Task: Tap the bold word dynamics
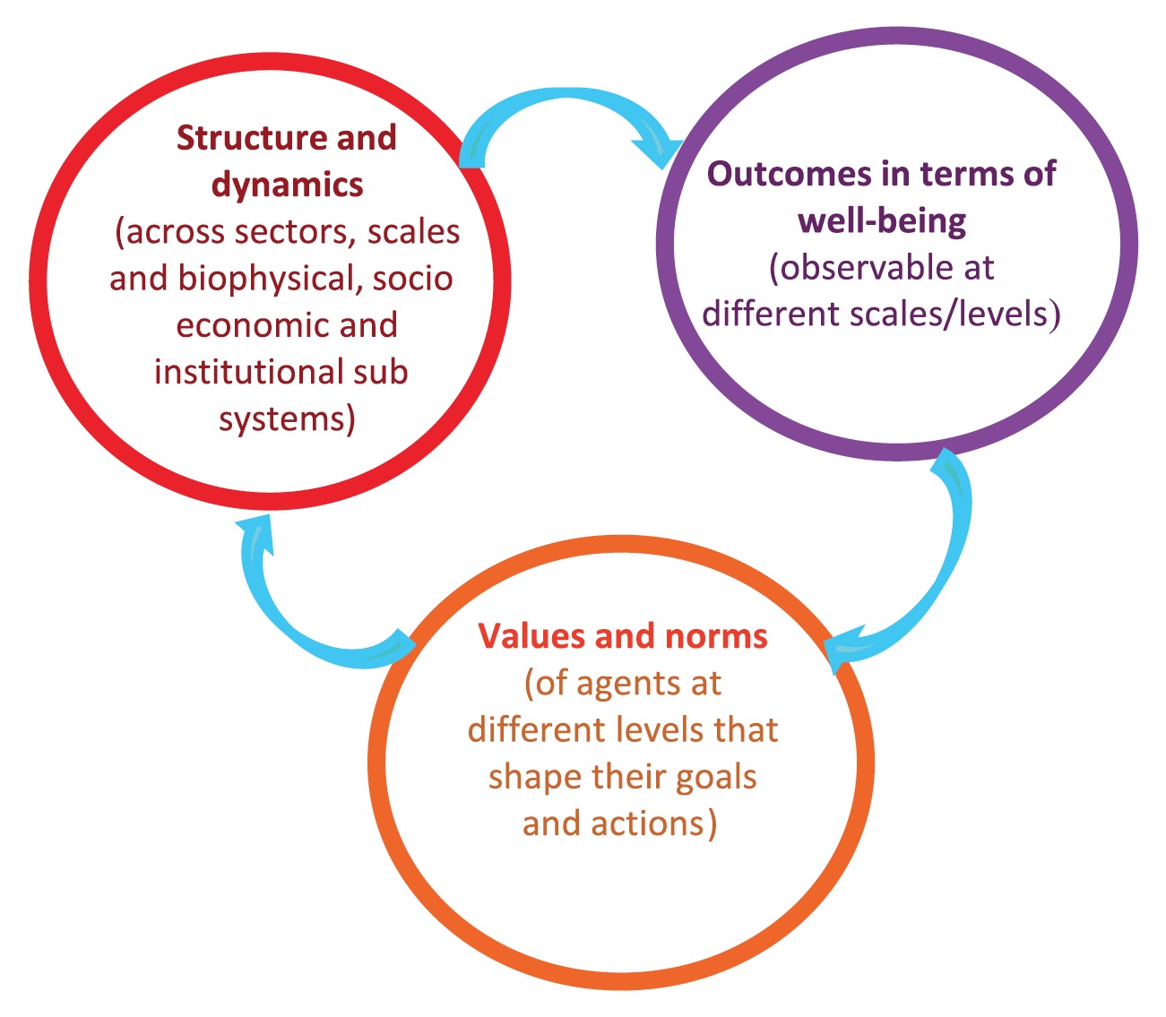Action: (x=287, y=185)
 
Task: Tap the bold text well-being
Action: (x=882, y=221)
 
